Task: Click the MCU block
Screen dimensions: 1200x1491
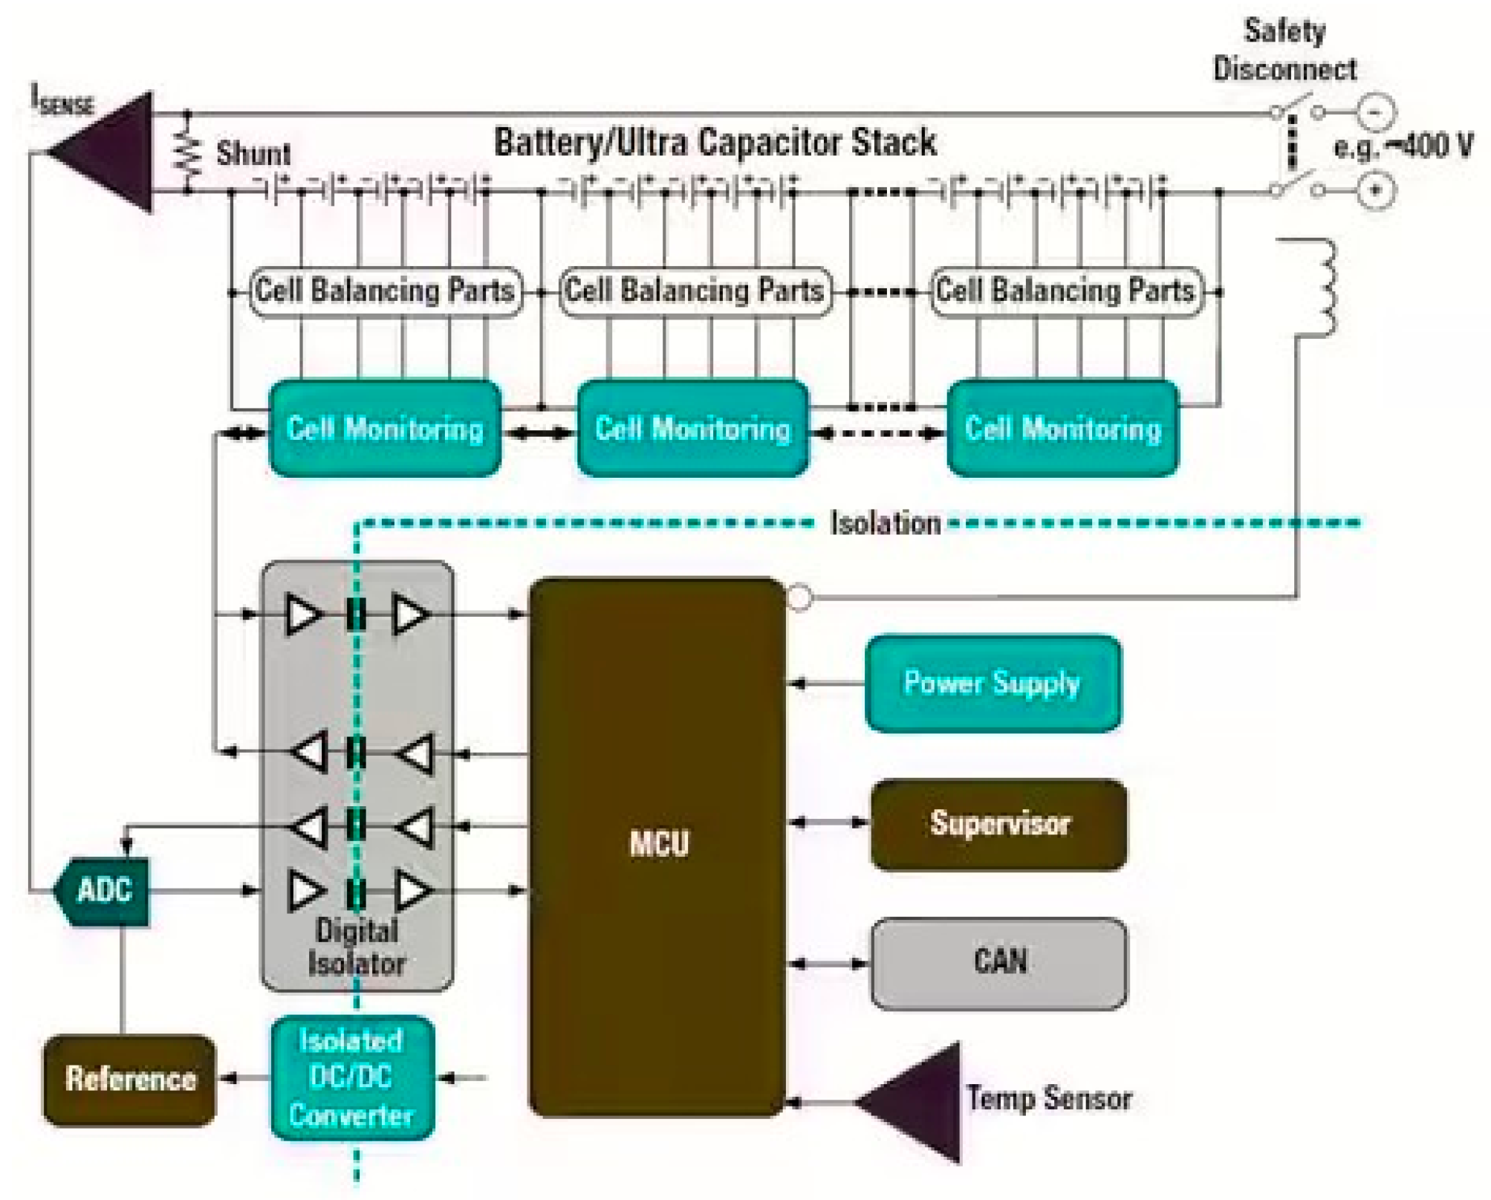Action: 657,847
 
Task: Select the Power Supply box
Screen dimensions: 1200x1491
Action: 993,683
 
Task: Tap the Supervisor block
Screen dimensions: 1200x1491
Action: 998,824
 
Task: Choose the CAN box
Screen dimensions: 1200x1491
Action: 998,963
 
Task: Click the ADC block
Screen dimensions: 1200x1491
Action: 104,890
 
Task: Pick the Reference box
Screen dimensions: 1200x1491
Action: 130,1079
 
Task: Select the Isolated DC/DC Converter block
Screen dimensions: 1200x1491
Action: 352,1077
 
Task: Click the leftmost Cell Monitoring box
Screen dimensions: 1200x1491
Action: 385,429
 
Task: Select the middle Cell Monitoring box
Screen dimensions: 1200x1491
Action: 692,429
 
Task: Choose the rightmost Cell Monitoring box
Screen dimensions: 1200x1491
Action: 1062,429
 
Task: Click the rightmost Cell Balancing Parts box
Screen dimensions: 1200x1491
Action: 1065,291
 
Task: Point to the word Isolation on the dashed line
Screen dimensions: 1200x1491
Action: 886,523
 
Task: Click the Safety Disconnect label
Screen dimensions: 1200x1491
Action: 1284,51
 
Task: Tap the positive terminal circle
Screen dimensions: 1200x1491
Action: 1376,190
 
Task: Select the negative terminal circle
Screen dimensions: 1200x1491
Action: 1376,112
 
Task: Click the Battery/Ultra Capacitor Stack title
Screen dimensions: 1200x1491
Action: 715,143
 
